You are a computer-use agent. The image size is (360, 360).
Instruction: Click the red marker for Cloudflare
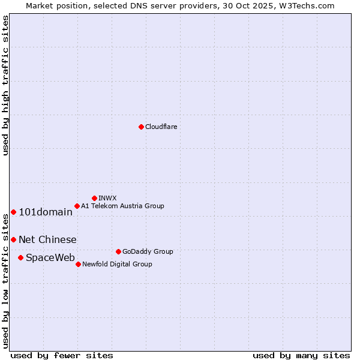pyautogui.click(x=141, y=127)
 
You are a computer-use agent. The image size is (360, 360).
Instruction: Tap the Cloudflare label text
pyautogui.click(x=161, y=127)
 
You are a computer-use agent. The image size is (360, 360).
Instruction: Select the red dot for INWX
pyautogui.click(x=94, y=198)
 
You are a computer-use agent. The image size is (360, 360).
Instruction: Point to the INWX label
pyautogui.click(x=107, y=198)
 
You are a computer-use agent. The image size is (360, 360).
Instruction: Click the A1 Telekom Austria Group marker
pyautogui.click(x=77, y=206)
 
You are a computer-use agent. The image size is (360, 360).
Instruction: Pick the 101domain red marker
pyautogui.click(x=13, y=212)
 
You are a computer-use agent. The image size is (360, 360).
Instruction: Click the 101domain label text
pyautogui.click(x=46, y=212)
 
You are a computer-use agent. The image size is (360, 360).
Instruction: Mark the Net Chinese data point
pyautogui.click(x=13, y=239)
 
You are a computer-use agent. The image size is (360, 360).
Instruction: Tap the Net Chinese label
pyautogui.click(x=47, y=240)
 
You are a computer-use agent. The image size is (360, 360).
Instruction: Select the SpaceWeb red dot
pyautogui.click(x=20, y=257)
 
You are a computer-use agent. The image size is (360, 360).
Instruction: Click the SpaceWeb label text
pyautogui.click(x=50, y=258)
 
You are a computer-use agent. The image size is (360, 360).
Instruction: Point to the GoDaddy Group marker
pyautogui.click(x=118, y=251)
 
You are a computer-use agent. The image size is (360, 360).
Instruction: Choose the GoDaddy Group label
pyautogui.click(x=147, y=251)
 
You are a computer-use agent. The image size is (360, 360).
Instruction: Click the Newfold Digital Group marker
pyautogui.click(x=78, y=264)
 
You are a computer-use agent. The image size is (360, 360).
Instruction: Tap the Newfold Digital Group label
pyautogui.click(x=117, y=264)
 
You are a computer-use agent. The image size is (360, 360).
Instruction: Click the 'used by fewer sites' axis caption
pyautogui.click(x=62, y=355)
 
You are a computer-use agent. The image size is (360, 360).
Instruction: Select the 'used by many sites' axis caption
pyautogui.click(x=301, y=355)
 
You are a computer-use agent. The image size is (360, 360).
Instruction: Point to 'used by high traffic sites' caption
pyautogui.click(x=5, y=85)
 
